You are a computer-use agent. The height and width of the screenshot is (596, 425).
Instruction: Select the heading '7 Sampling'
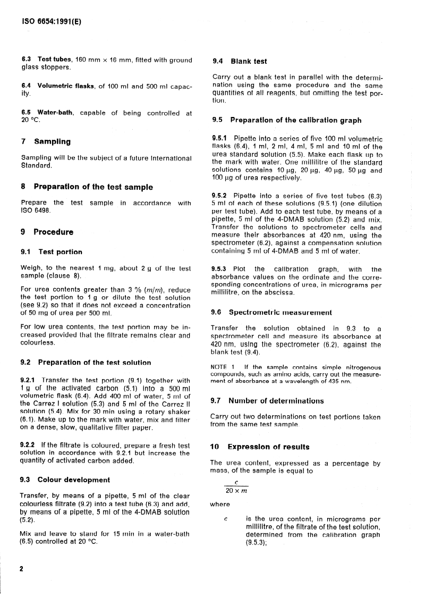(x=45, y=141)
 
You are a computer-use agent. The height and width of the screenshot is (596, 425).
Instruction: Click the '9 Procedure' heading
(x=47, y=232)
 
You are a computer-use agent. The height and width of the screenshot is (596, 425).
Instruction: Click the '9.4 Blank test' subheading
(x=239, y=62)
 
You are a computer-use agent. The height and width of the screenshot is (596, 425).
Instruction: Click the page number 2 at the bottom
(x=22, y=569)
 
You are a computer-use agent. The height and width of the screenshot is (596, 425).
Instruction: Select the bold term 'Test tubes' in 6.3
(x=55, y=60)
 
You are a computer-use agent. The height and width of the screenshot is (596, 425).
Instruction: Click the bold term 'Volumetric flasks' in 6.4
(x=66, y=86)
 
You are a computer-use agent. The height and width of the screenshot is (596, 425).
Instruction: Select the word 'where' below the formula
(x=220, y=504)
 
